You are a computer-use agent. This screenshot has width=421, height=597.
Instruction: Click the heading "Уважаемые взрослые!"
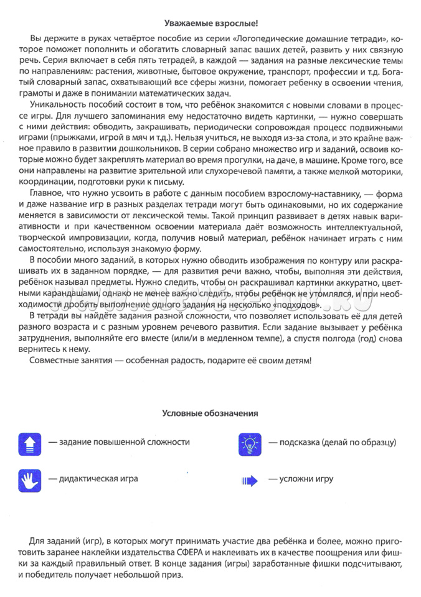(x=210, y=24)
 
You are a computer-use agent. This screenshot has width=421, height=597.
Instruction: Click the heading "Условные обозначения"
(x=210, y=413)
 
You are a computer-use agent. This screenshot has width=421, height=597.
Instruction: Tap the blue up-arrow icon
(x=30, y=443)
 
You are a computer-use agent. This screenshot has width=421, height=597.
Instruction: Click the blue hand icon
(x=30, y=479)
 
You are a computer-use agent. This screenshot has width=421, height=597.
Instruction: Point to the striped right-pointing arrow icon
(x=250, y=480)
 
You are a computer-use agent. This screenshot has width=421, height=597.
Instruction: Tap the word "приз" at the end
(x=173, y=575)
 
